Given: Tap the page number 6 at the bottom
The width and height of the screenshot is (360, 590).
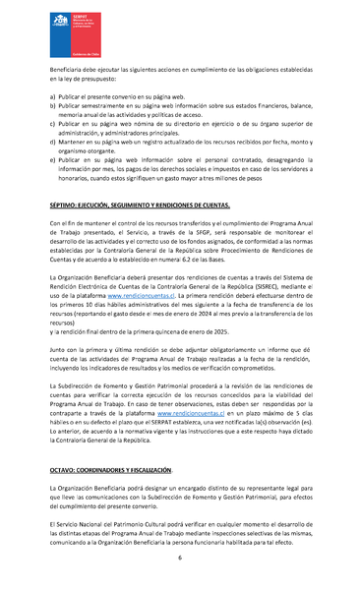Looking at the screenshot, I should point(180,558).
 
